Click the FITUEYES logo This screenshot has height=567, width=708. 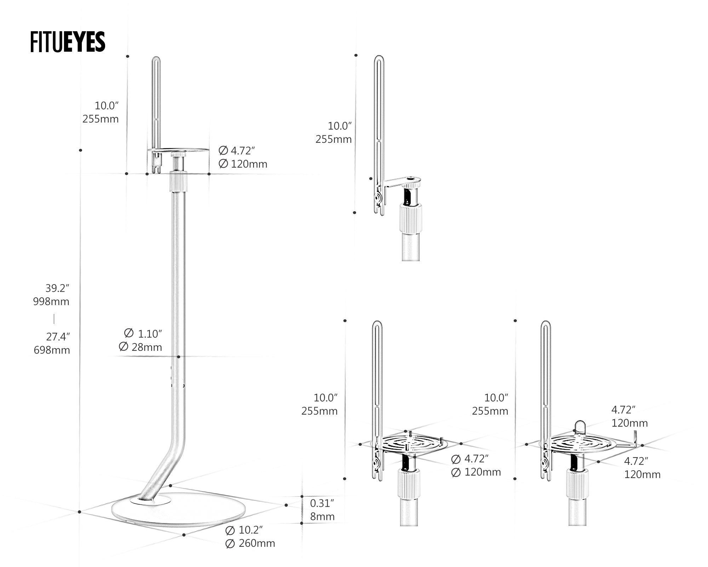(68, 42)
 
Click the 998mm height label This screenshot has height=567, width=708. (51, 302)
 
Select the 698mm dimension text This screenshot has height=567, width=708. (52, 350)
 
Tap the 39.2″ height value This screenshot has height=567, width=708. (57, 288)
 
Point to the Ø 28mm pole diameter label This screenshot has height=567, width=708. (141, 347)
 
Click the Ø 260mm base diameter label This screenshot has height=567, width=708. (250, 543)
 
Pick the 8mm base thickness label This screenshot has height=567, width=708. (322, 517)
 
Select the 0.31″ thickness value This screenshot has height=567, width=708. (322, 503)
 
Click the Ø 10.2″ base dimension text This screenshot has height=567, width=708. (244, 530)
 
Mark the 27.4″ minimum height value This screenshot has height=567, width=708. (58, 337)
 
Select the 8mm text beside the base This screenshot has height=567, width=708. (322, 517)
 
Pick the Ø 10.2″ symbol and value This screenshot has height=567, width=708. (244, 530)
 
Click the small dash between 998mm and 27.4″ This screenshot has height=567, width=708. (54, 319)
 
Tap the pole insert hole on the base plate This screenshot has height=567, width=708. (150, 501)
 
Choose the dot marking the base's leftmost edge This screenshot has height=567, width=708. (80, 512)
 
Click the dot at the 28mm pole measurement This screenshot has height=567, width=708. (178, 357)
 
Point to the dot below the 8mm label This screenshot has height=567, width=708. (302, 523)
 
